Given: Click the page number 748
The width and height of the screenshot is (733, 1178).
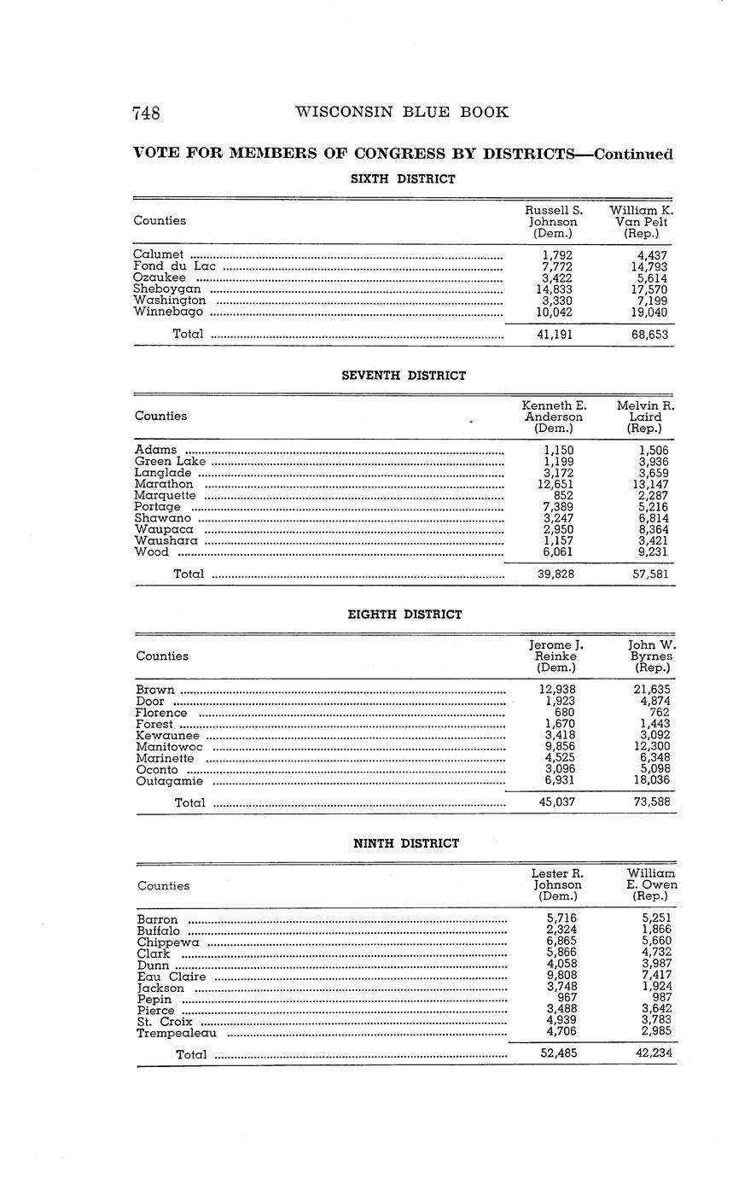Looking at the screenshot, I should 147,113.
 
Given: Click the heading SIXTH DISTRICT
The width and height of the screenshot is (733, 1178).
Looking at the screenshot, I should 404,179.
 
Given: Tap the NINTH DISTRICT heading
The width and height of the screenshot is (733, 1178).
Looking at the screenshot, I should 406,843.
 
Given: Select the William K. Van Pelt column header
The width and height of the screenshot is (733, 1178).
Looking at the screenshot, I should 641,221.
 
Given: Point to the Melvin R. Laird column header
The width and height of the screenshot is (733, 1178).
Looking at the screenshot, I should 645,417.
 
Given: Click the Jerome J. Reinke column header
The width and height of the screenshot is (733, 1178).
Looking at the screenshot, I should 556,656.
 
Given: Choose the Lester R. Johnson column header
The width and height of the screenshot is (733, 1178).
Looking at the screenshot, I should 557,885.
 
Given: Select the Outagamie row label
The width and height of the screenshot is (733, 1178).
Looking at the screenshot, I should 170,780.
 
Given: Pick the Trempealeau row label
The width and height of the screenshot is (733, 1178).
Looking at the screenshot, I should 177,1033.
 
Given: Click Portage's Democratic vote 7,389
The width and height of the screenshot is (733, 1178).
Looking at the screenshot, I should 558,507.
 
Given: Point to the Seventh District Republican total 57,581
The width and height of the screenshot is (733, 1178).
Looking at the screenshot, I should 650,574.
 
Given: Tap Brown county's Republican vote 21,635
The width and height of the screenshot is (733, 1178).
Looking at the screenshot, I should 651,690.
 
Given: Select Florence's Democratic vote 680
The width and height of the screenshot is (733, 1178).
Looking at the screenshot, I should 564,713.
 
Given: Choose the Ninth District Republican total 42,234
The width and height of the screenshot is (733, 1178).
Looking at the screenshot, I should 653,1053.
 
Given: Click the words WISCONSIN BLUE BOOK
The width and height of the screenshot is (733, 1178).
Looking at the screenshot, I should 401,112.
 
